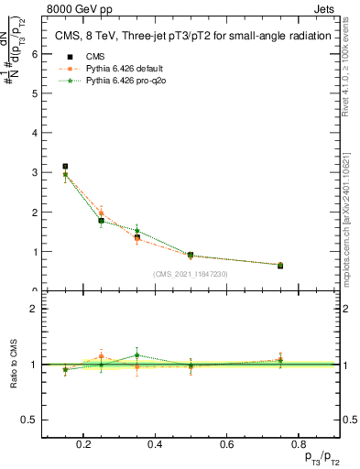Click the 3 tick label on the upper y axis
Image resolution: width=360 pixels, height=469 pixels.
[x=35, y=172]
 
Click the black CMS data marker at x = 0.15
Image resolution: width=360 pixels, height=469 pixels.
[x=65, y=167]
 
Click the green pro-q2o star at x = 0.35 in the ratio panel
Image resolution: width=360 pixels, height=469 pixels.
[x=136, y=354]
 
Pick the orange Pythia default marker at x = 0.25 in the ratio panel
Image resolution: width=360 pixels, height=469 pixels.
[x=102, y=357]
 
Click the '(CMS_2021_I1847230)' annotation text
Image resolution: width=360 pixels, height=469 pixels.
[x=190, y=274]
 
